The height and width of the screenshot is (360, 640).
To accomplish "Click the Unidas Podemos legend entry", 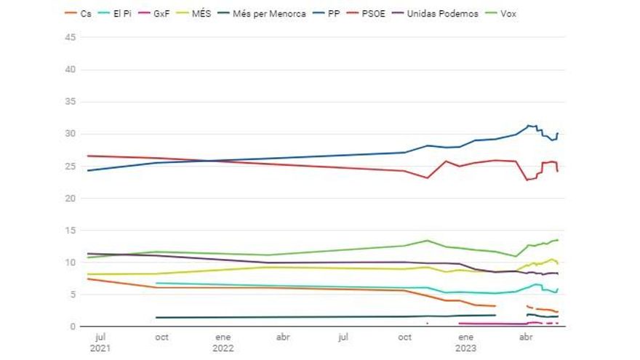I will click(x=437, y=13).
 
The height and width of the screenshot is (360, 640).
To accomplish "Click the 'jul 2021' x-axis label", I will click(x=101, y=343).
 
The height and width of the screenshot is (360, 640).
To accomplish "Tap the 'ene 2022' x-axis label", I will click(x=223, y=343).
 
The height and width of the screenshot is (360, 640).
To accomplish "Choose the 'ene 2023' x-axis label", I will click(x=466, y=343).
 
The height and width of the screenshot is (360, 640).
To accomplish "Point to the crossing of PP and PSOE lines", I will click(x=209, y=161).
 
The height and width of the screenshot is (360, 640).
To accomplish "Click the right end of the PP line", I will click(x=558, y=133).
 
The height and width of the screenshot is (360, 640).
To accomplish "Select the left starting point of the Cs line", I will click(x=87, y=279).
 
